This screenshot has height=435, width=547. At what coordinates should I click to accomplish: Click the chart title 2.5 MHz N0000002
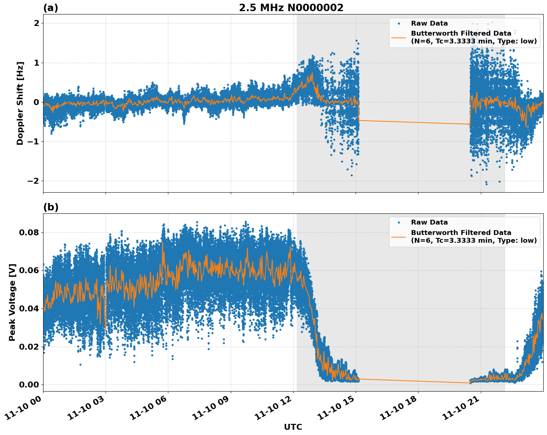pos(291,8)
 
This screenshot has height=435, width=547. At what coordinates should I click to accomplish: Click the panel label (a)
pos(51,8)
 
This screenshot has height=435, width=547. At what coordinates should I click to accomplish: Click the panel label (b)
pos(51,207)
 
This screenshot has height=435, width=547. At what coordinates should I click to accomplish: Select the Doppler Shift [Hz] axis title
pos(20,103)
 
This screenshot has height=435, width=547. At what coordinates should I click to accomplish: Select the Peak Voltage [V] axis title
pos(12,302)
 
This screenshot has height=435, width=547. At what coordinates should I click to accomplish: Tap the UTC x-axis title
pos(293,427)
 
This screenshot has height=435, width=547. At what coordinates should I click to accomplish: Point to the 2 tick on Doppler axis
pos(36,23)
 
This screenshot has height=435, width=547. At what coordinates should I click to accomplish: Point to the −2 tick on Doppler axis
pos(33,181)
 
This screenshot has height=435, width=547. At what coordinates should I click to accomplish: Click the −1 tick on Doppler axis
pos(33,142)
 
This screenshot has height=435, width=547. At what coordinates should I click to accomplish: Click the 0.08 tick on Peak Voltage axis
pos(29,233)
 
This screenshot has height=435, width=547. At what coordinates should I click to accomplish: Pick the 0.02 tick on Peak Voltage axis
pos(29,347)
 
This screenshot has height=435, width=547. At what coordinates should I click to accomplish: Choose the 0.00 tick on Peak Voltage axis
pos(29,385)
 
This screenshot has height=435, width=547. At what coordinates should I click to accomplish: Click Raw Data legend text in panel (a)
pos(429,23)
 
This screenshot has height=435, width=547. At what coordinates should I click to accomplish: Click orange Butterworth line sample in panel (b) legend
pos(399,236)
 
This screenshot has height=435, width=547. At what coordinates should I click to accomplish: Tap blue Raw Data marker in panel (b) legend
pos(399,222)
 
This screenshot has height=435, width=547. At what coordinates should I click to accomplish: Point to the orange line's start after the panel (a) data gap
pos(470,124)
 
